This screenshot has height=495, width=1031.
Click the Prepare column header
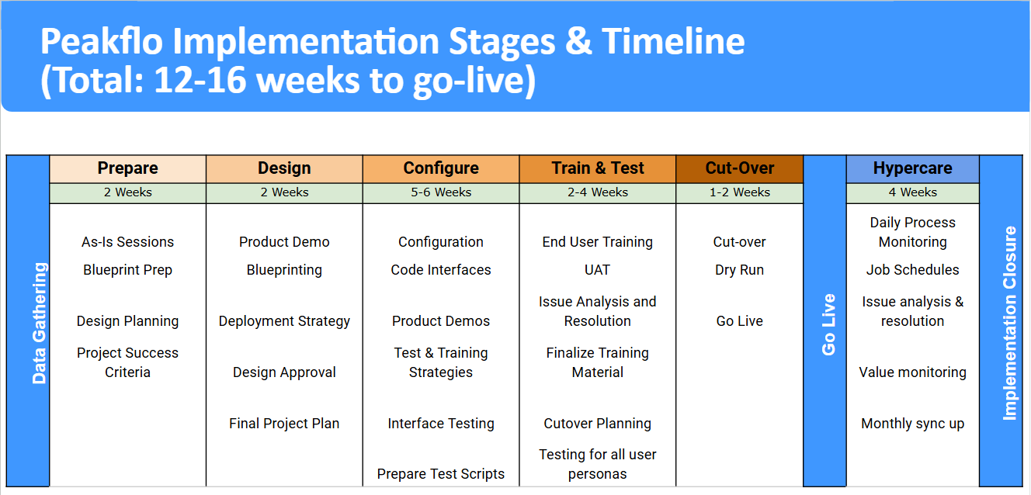click(127, 168)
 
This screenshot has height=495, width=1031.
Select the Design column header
click(284, 168)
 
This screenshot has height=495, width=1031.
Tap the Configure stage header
click(441, 168)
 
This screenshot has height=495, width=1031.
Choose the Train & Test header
click(598, 168)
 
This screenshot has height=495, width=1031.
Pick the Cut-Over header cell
click(740, 168)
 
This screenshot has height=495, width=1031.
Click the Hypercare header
click(913, 168)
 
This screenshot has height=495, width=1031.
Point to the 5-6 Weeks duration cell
click(441, 192)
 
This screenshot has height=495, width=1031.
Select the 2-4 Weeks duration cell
click(598, 192)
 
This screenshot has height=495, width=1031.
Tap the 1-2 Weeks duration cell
click(740, 192)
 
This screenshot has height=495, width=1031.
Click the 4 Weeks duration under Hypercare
click(913, 192)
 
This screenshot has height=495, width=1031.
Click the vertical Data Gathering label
click(40, 323)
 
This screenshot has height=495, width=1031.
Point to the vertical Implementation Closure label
click(1010, 323)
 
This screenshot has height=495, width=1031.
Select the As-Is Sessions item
click(127, 242)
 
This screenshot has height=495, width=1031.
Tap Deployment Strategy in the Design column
click(284, 321)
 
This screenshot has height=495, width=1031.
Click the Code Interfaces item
click(441, 270)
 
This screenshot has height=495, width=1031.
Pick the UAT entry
click(598, 270)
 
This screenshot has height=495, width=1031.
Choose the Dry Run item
click(740, 271)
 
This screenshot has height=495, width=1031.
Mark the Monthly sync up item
click(913, 424)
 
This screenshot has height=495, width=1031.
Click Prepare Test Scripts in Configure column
click(441, 474)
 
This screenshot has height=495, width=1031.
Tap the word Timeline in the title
click(673, 41)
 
